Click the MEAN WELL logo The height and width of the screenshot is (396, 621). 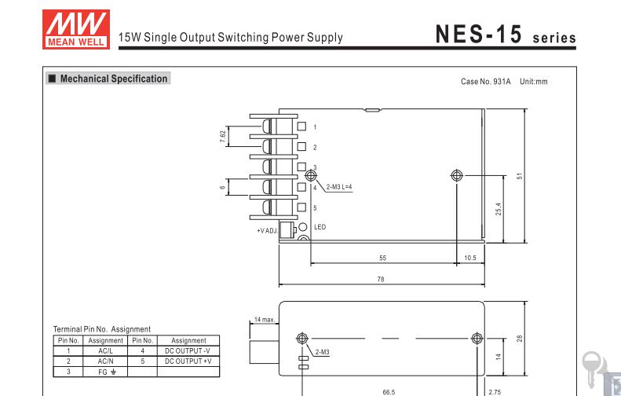[76, 29]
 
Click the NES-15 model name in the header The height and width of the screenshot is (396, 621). [478, 34]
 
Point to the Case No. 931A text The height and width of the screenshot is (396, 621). [485, 82]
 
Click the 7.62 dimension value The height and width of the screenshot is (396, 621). [223, 137]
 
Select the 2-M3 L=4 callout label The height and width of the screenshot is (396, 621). [339, 187]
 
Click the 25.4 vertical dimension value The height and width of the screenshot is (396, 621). [499, 209]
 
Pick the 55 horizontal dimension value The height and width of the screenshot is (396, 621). [382, 258]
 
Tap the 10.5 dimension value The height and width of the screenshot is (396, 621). [470, 258]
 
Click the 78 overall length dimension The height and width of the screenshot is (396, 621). [381, 280]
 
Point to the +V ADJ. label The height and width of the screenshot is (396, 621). [268, 231]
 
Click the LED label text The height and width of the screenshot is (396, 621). [320, 227]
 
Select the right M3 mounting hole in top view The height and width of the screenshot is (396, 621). [457, 175]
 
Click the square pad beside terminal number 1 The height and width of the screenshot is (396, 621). [301, 126]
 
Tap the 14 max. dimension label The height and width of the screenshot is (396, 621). [265, 320]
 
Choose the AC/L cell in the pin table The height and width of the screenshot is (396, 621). [105, 350]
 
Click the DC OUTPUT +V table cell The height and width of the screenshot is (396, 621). [188, 361]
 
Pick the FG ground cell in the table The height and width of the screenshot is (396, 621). [105, 372]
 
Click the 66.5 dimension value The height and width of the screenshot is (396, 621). [389, 392]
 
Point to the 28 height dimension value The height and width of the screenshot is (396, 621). [520, 339]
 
